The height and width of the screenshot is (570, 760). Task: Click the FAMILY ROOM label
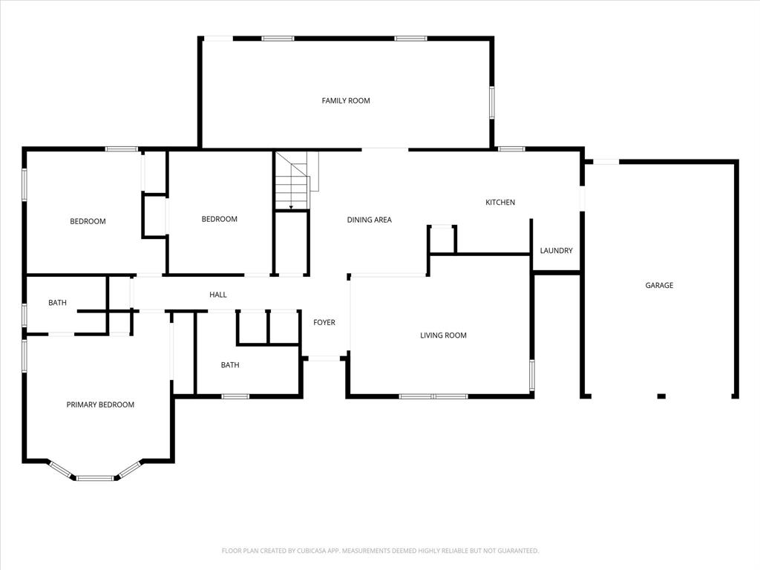(346, 101)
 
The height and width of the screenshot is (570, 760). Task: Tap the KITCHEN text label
(500, 203)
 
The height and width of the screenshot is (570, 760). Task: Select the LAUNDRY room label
(556, 251)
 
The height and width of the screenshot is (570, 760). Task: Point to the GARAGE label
(659, 286)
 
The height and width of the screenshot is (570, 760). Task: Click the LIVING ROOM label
(443, 335)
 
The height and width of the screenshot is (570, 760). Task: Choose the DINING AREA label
(369, 220)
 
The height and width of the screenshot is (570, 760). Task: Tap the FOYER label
(324, 323)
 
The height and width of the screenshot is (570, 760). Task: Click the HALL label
(217, 295)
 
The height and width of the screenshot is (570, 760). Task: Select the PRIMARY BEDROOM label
(100, 405)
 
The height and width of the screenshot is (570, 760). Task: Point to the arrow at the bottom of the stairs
(291, 206)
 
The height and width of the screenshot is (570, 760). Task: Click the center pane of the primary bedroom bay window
(95, 478)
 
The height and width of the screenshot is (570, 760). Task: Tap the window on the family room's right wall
(491, 102)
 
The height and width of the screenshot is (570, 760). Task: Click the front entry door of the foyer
(324, 358)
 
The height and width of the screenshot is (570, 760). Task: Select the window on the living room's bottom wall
(433, 396)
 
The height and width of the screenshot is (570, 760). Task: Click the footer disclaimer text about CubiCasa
(380, 551)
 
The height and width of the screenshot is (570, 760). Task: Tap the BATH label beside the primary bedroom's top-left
(57, 303)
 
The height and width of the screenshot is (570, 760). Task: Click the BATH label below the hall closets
(230, 365)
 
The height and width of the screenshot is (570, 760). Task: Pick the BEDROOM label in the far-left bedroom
(88, 221)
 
